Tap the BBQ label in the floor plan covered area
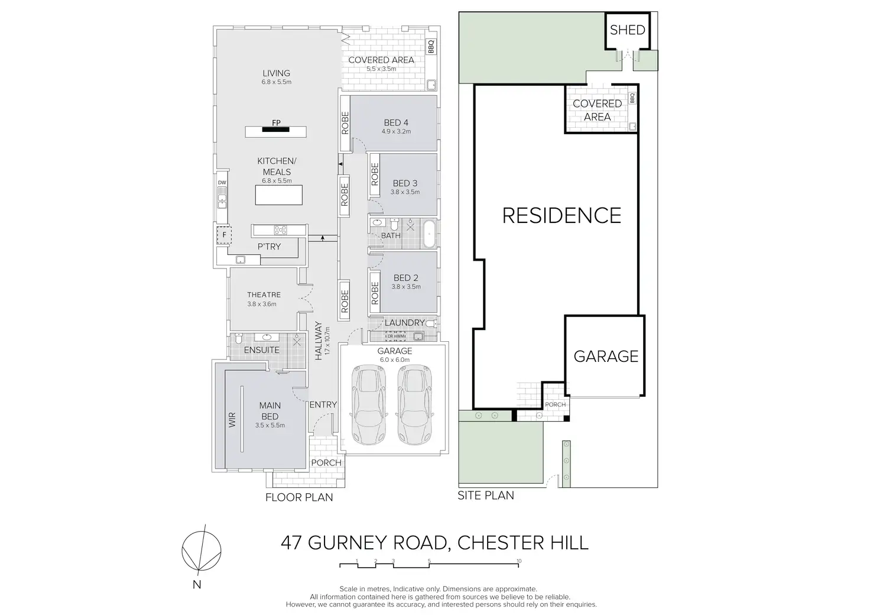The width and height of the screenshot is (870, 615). pyautogui.click(x=431, y=46)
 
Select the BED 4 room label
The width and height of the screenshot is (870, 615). pyautogui.click(x=396, y=123)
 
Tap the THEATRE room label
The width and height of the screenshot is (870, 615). pyautogui.click(x=264, y=294)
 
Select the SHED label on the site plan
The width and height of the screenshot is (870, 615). pyautogui.click(x=627, y=30)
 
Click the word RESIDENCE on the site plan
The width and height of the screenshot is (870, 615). pyautogui.click(x=561, y=215)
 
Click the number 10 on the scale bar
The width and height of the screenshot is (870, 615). pyautogui.click(x=519, y=561)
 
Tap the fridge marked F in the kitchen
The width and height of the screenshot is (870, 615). pyautogui.click(x=224, y=235)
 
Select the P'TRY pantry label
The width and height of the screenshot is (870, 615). pyautogui.click(x=269, y=247)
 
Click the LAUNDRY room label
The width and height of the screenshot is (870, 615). pyautogui.click(x=404, y=323)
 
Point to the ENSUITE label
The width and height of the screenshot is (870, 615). pyautogui.click(x=262, y=349)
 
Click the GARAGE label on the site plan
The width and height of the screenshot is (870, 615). pyautogui.click(x=606, y=356)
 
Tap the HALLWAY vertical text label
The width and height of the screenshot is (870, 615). pyautogui.click(x=319, y=341)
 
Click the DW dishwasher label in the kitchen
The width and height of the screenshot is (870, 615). pyautogui.click(x=222, y=183)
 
